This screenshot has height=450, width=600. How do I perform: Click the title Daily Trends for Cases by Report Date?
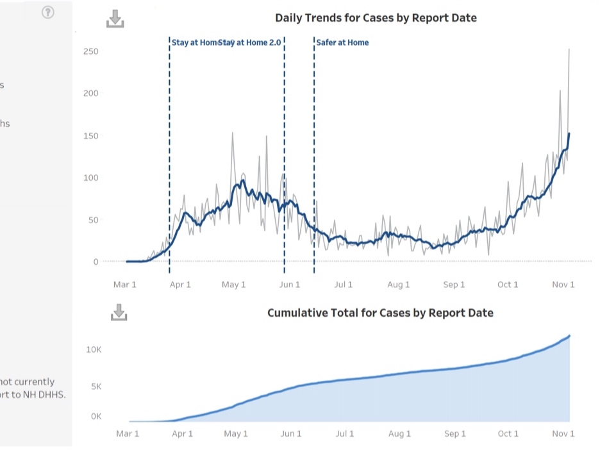[376, 18]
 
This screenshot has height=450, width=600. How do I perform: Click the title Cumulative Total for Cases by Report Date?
[380, 313]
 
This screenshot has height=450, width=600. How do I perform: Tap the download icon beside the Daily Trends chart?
[115, 19]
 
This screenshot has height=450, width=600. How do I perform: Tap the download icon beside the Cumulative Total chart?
[119, 312]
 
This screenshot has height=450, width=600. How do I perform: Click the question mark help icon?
[48, 12]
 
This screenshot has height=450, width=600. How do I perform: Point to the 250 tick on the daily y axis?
[91, 51]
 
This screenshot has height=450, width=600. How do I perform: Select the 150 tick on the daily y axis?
[91, 136]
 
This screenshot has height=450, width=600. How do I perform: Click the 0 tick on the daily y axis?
[96, 262]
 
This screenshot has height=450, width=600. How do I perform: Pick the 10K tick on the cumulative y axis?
[94, 350]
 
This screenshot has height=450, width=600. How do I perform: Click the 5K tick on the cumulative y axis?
[96, 386]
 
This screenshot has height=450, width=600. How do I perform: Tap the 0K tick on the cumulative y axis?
[96, 416]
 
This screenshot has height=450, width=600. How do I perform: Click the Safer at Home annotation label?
[342, 42]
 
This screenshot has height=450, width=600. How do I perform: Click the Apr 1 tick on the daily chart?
[180, 285]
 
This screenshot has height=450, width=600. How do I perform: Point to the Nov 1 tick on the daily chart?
[563, 285]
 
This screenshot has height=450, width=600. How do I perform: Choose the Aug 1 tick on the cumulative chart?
[399, 434]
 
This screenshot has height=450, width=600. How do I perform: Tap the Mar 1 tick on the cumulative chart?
[128, 434]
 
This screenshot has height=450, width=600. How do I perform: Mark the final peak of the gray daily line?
[569, 49]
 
